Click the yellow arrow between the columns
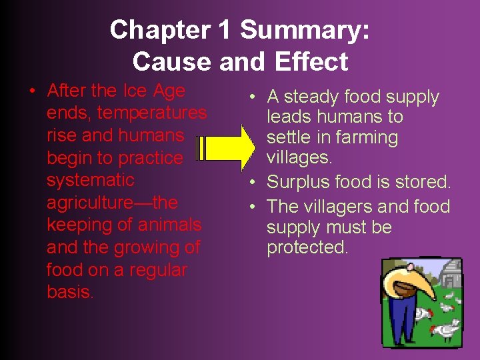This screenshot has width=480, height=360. (224, 148)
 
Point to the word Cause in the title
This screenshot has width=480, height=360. (167, 61)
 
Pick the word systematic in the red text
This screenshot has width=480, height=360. (90, 180)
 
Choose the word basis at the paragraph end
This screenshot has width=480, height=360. (69, 292)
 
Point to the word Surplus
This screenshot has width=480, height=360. (301, 182)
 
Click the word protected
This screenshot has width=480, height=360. (307, 247)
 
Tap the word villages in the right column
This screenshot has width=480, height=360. (298, 158)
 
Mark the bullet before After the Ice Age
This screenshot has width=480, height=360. (32, 91)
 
